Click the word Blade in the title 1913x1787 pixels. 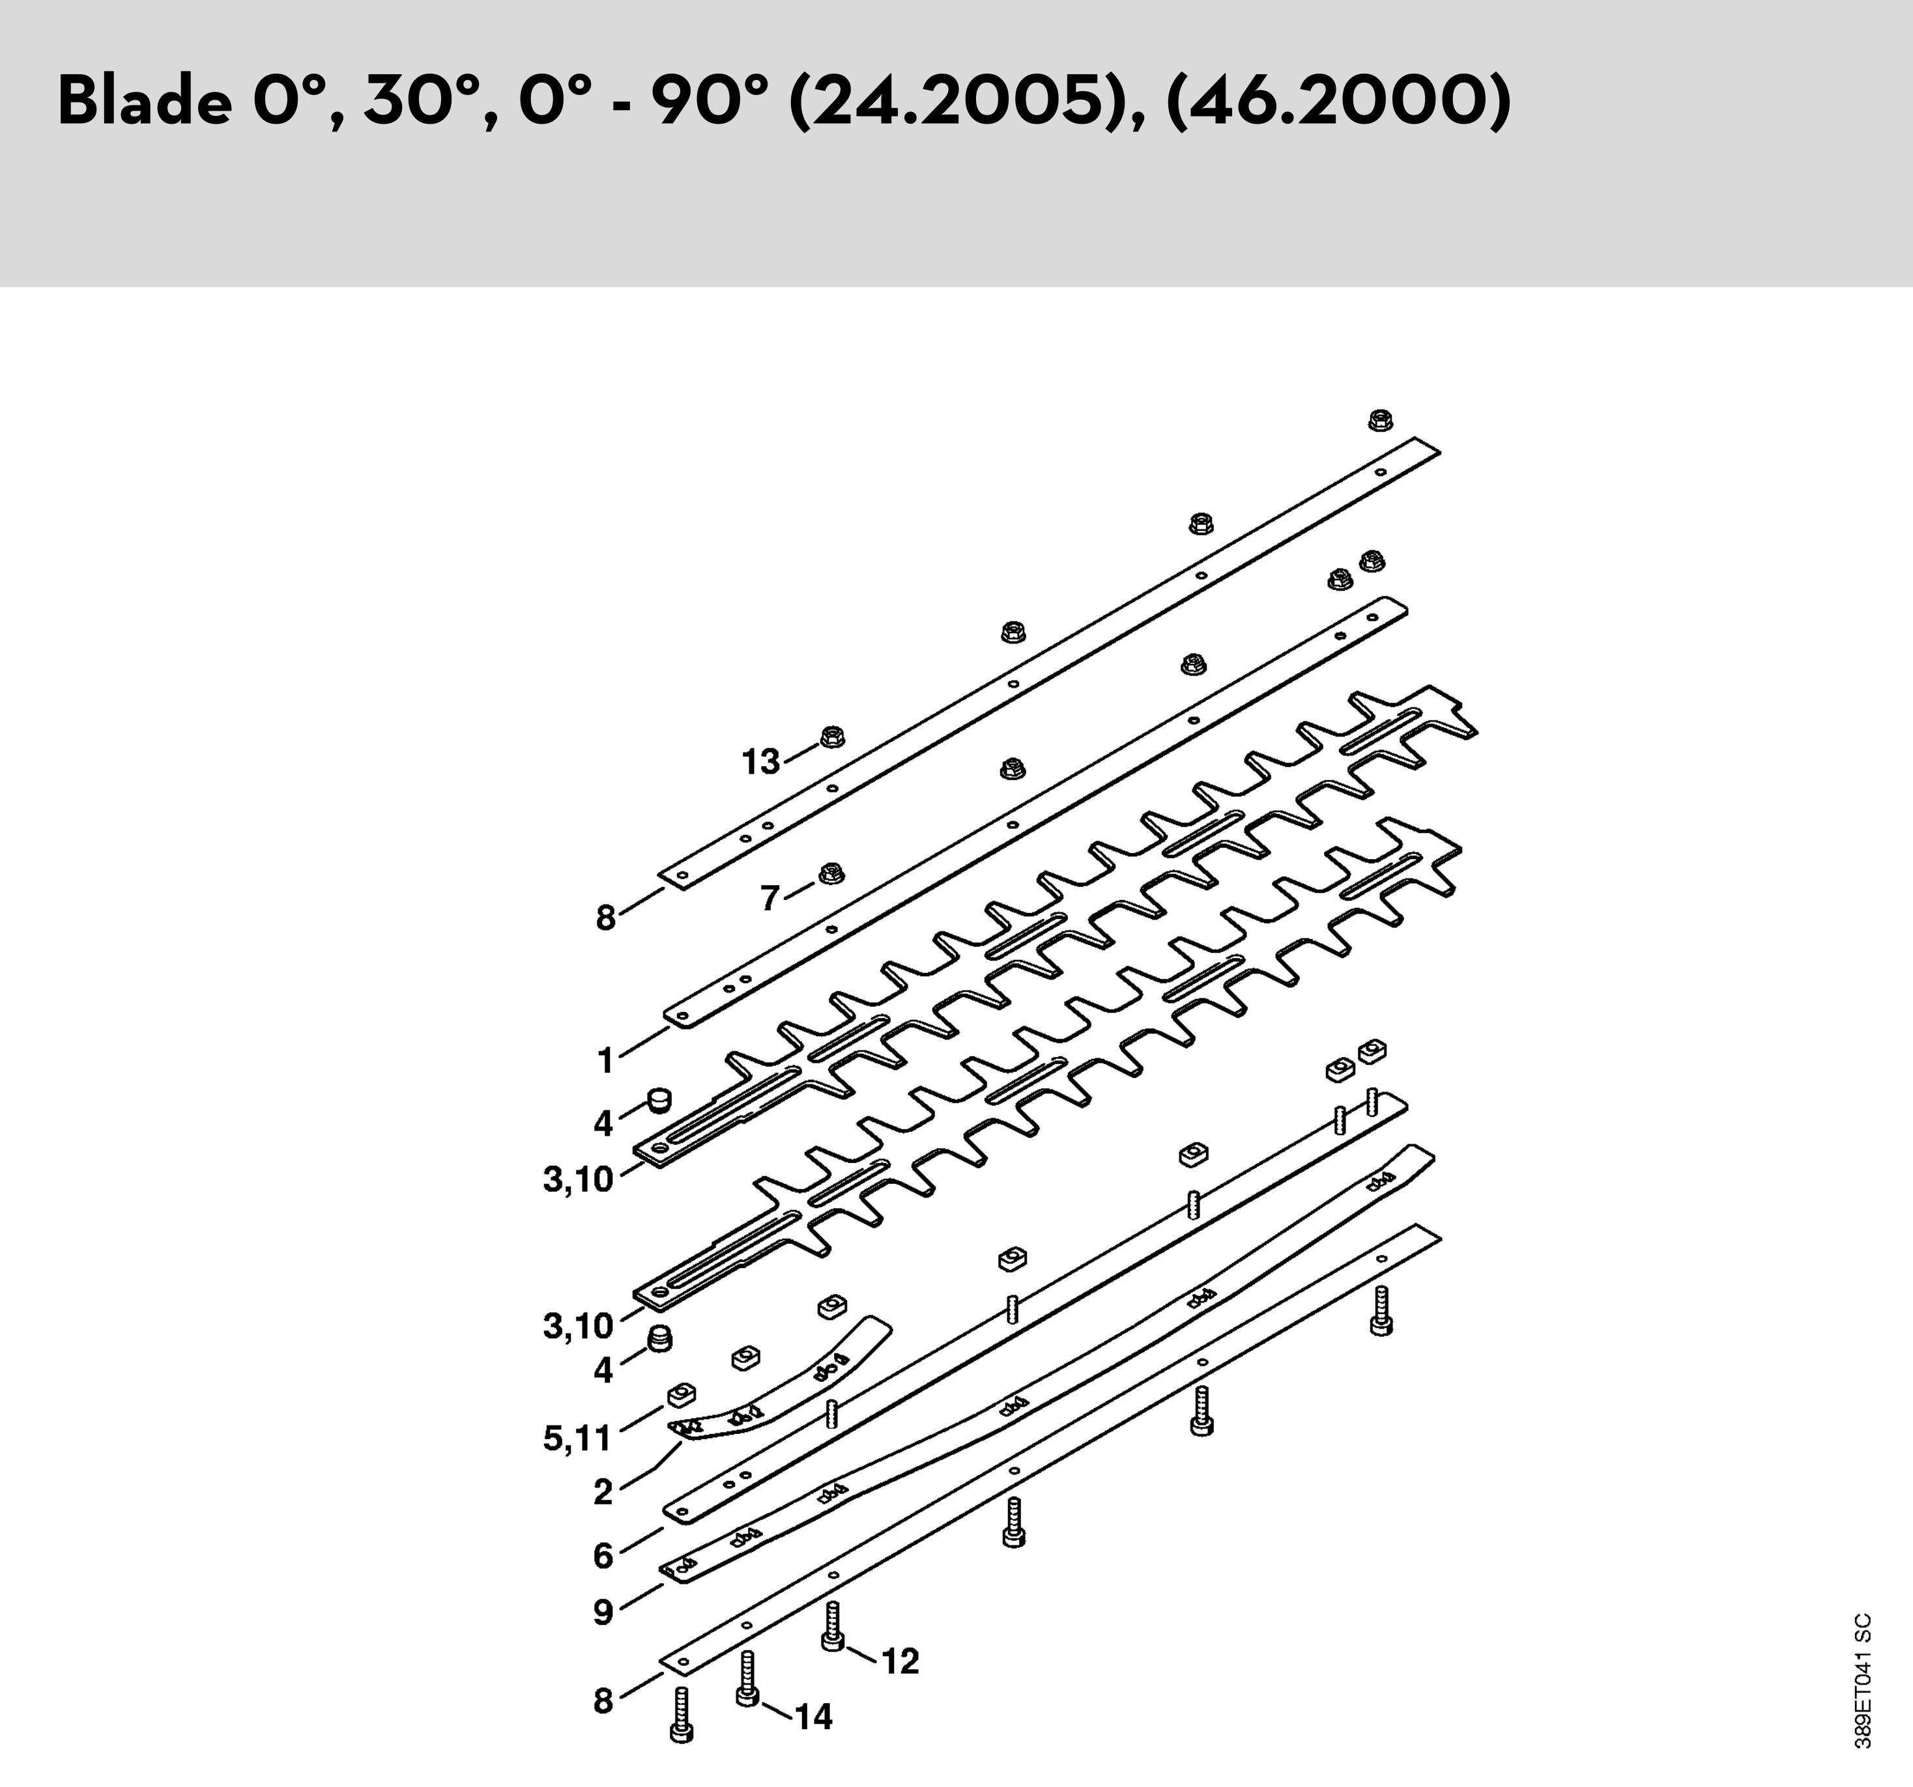[x=145, y=101]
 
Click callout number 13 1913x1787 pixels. [x=760, y=762]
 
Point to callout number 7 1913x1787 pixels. [x=769, y=898]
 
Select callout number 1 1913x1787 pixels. [x=604, y=1061]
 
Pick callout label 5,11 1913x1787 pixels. [x=577, y=1439]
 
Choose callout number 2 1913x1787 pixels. [x=603, y=1492]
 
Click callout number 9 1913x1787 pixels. [x=603, y=1612]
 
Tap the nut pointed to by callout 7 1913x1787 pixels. [x=831, y=873]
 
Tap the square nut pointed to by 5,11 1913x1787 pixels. [x=682, y=1394]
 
